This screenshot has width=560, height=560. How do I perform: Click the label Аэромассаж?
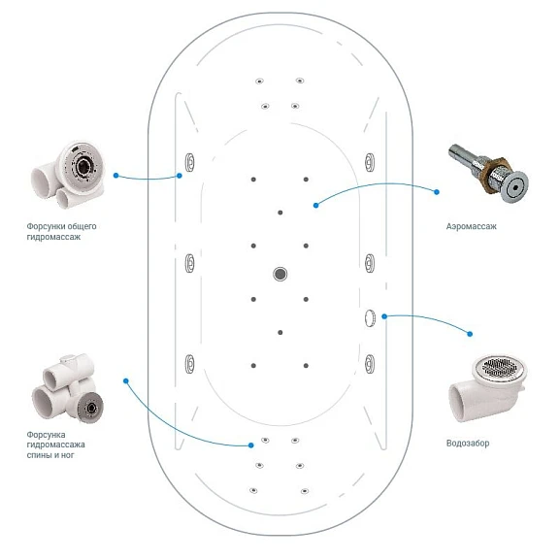[x=471, y=226]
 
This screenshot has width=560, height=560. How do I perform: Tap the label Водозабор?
[x=468, y=444]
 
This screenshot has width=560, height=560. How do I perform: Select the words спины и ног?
[x=50, y=455]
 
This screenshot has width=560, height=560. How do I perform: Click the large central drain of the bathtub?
[x=280, y=274]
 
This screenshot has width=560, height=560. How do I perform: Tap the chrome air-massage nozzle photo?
[x=488, y=174]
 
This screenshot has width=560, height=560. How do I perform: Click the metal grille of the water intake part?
[x=499, y=367]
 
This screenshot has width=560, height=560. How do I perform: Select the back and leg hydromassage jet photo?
[x=68, y=387]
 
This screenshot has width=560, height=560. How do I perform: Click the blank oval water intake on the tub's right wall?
[x=370, y=318]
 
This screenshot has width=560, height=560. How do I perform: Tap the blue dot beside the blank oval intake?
[x=384, y=316]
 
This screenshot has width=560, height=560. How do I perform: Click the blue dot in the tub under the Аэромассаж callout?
[x=315, y=206]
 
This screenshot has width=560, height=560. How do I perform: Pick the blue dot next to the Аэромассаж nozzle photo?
[x=437, y=192]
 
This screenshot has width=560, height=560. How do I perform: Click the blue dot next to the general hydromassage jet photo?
[x=115, y=176]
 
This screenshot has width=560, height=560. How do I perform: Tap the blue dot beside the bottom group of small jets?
[x=251, y=445]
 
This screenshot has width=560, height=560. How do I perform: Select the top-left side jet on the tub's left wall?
[x=189, y=162]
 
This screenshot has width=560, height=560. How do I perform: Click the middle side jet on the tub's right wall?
[x=370, y=263]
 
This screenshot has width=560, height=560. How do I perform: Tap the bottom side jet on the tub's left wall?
[x=189, y=364]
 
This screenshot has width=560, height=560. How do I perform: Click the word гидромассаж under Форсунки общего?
[x=53, y=237]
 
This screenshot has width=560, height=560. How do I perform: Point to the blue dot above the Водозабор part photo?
[x=470, y=334]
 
